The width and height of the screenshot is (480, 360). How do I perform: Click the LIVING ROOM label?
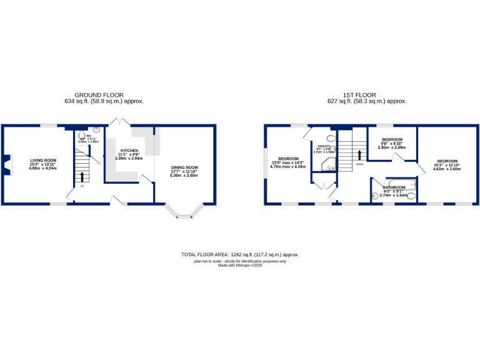point(43,160)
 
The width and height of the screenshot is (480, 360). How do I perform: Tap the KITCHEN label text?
point(129,151)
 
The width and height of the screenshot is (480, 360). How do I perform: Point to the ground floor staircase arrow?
point(81,177)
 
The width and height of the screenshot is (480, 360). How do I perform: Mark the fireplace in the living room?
point(7,164)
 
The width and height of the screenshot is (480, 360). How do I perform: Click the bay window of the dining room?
point(185,214)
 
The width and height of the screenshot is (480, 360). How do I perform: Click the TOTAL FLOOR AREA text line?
point(240,255)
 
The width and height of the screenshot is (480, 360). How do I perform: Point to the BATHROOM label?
point(394,187)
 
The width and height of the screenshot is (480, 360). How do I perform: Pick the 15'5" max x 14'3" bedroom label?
point(288,159)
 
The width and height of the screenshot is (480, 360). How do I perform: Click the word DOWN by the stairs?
point(359,164)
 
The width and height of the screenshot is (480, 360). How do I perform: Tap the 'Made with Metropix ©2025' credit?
point(240,265)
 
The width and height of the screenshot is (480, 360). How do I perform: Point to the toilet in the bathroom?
point(375,196)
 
